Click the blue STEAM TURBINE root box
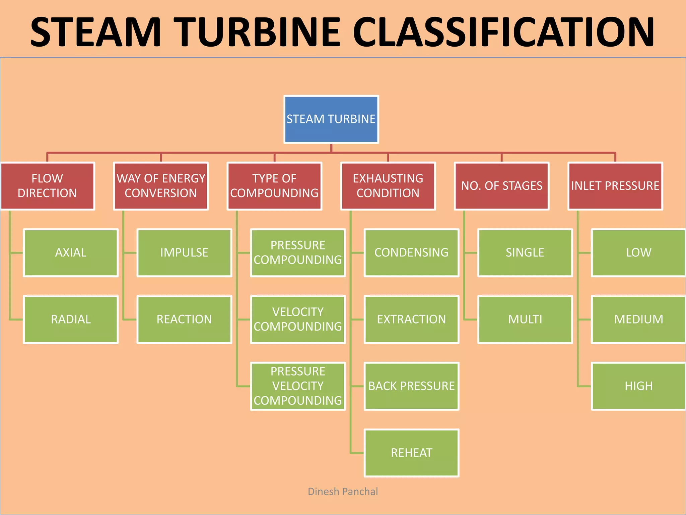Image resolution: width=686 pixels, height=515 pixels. [x=331, y=119]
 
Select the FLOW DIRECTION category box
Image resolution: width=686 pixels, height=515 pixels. [x=48, y=186]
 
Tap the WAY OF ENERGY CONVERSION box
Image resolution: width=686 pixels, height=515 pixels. [x=161, y=186]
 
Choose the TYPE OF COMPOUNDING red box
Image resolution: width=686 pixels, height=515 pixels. [x=274, y=186]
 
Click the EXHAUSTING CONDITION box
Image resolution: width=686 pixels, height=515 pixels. [x=388, y=186]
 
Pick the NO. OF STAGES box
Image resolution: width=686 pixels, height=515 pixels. [x=501, y=186]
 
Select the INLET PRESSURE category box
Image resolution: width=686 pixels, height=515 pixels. [x=615, y=186]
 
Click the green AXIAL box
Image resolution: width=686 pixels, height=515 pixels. [x=71, y=253]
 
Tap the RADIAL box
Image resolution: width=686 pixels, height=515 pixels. [x=71, y=320]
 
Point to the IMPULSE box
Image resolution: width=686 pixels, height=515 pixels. [x=184, y=253]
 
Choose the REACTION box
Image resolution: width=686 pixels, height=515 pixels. [x=184, y=320]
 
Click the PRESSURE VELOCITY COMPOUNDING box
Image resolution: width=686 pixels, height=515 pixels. [x=298, y=386]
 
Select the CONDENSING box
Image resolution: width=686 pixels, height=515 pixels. [x=411, y=253]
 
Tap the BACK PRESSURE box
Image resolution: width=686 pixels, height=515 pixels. [x=411, y=386]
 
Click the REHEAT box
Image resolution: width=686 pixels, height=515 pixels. [x=411, y=453]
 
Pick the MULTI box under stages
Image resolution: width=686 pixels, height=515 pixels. [x=525, y=320]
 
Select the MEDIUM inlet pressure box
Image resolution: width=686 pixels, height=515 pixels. [x=638, y=320]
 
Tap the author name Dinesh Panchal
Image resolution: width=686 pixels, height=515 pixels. [x=343, y=492]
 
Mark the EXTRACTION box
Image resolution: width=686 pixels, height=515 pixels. [x=411, y=320]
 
